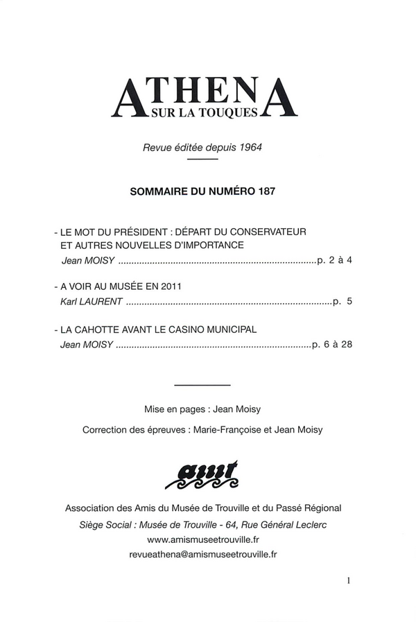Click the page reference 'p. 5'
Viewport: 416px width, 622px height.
(x=343, y=302)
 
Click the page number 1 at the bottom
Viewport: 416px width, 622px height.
(x=349, y=582)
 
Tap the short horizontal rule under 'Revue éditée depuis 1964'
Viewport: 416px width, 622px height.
(x=203, y=159)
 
